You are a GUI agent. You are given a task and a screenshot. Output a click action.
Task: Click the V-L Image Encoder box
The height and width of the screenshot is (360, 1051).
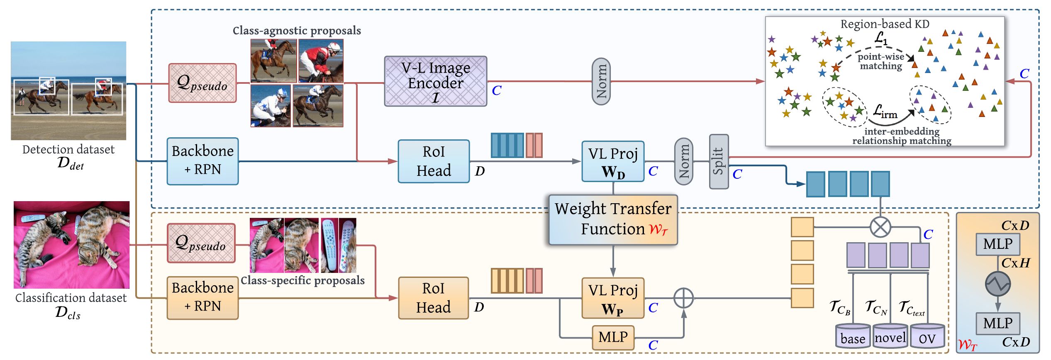(x=435, y=81)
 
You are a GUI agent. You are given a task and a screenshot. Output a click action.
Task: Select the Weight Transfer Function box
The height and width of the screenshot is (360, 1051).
(x=613, y=219)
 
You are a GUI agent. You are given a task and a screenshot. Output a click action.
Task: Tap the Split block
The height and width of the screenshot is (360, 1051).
(x=719, y=162)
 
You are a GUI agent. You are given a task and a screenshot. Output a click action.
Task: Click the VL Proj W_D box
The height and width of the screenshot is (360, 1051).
(x=613, y=161)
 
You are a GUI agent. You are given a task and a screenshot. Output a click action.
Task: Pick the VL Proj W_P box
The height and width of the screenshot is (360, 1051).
(x=613, y=298)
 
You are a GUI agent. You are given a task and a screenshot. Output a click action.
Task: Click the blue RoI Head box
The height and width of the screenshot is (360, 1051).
(x=434, y=161)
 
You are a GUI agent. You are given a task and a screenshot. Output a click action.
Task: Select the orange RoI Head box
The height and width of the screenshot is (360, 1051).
(x=433, y=298)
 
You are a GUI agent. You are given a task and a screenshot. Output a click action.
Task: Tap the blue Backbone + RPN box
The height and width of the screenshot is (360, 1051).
(x=202, y=161)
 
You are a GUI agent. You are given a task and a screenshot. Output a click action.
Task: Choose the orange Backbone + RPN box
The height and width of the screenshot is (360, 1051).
(x=202, y=298)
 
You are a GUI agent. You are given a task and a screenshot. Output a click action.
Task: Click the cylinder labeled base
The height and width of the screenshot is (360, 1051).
(x=853, y=336)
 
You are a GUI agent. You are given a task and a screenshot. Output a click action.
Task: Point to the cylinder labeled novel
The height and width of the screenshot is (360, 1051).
(x=890, y=336)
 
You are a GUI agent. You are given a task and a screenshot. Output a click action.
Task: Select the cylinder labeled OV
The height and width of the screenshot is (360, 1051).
(x=927, y=336)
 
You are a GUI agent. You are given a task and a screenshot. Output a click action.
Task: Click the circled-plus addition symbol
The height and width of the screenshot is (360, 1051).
(x=683, y=298)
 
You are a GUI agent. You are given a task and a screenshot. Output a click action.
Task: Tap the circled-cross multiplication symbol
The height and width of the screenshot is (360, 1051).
(x=880, y=227)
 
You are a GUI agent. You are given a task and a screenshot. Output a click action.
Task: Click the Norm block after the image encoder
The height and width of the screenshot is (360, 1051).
(x=601, y=81)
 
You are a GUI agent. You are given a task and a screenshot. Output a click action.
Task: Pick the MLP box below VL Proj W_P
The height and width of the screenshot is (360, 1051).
(x=613, y=337)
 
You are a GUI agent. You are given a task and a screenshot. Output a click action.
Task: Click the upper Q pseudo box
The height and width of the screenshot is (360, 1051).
(x=202, y=83)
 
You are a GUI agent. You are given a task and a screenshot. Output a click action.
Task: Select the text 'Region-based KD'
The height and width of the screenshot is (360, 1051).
(x=885, y=24)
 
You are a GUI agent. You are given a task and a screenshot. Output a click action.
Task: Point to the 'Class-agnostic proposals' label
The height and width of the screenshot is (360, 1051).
(x=297, y=30)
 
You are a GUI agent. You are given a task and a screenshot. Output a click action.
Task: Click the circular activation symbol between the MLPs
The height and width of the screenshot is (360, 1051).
(x=998, y=284)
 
